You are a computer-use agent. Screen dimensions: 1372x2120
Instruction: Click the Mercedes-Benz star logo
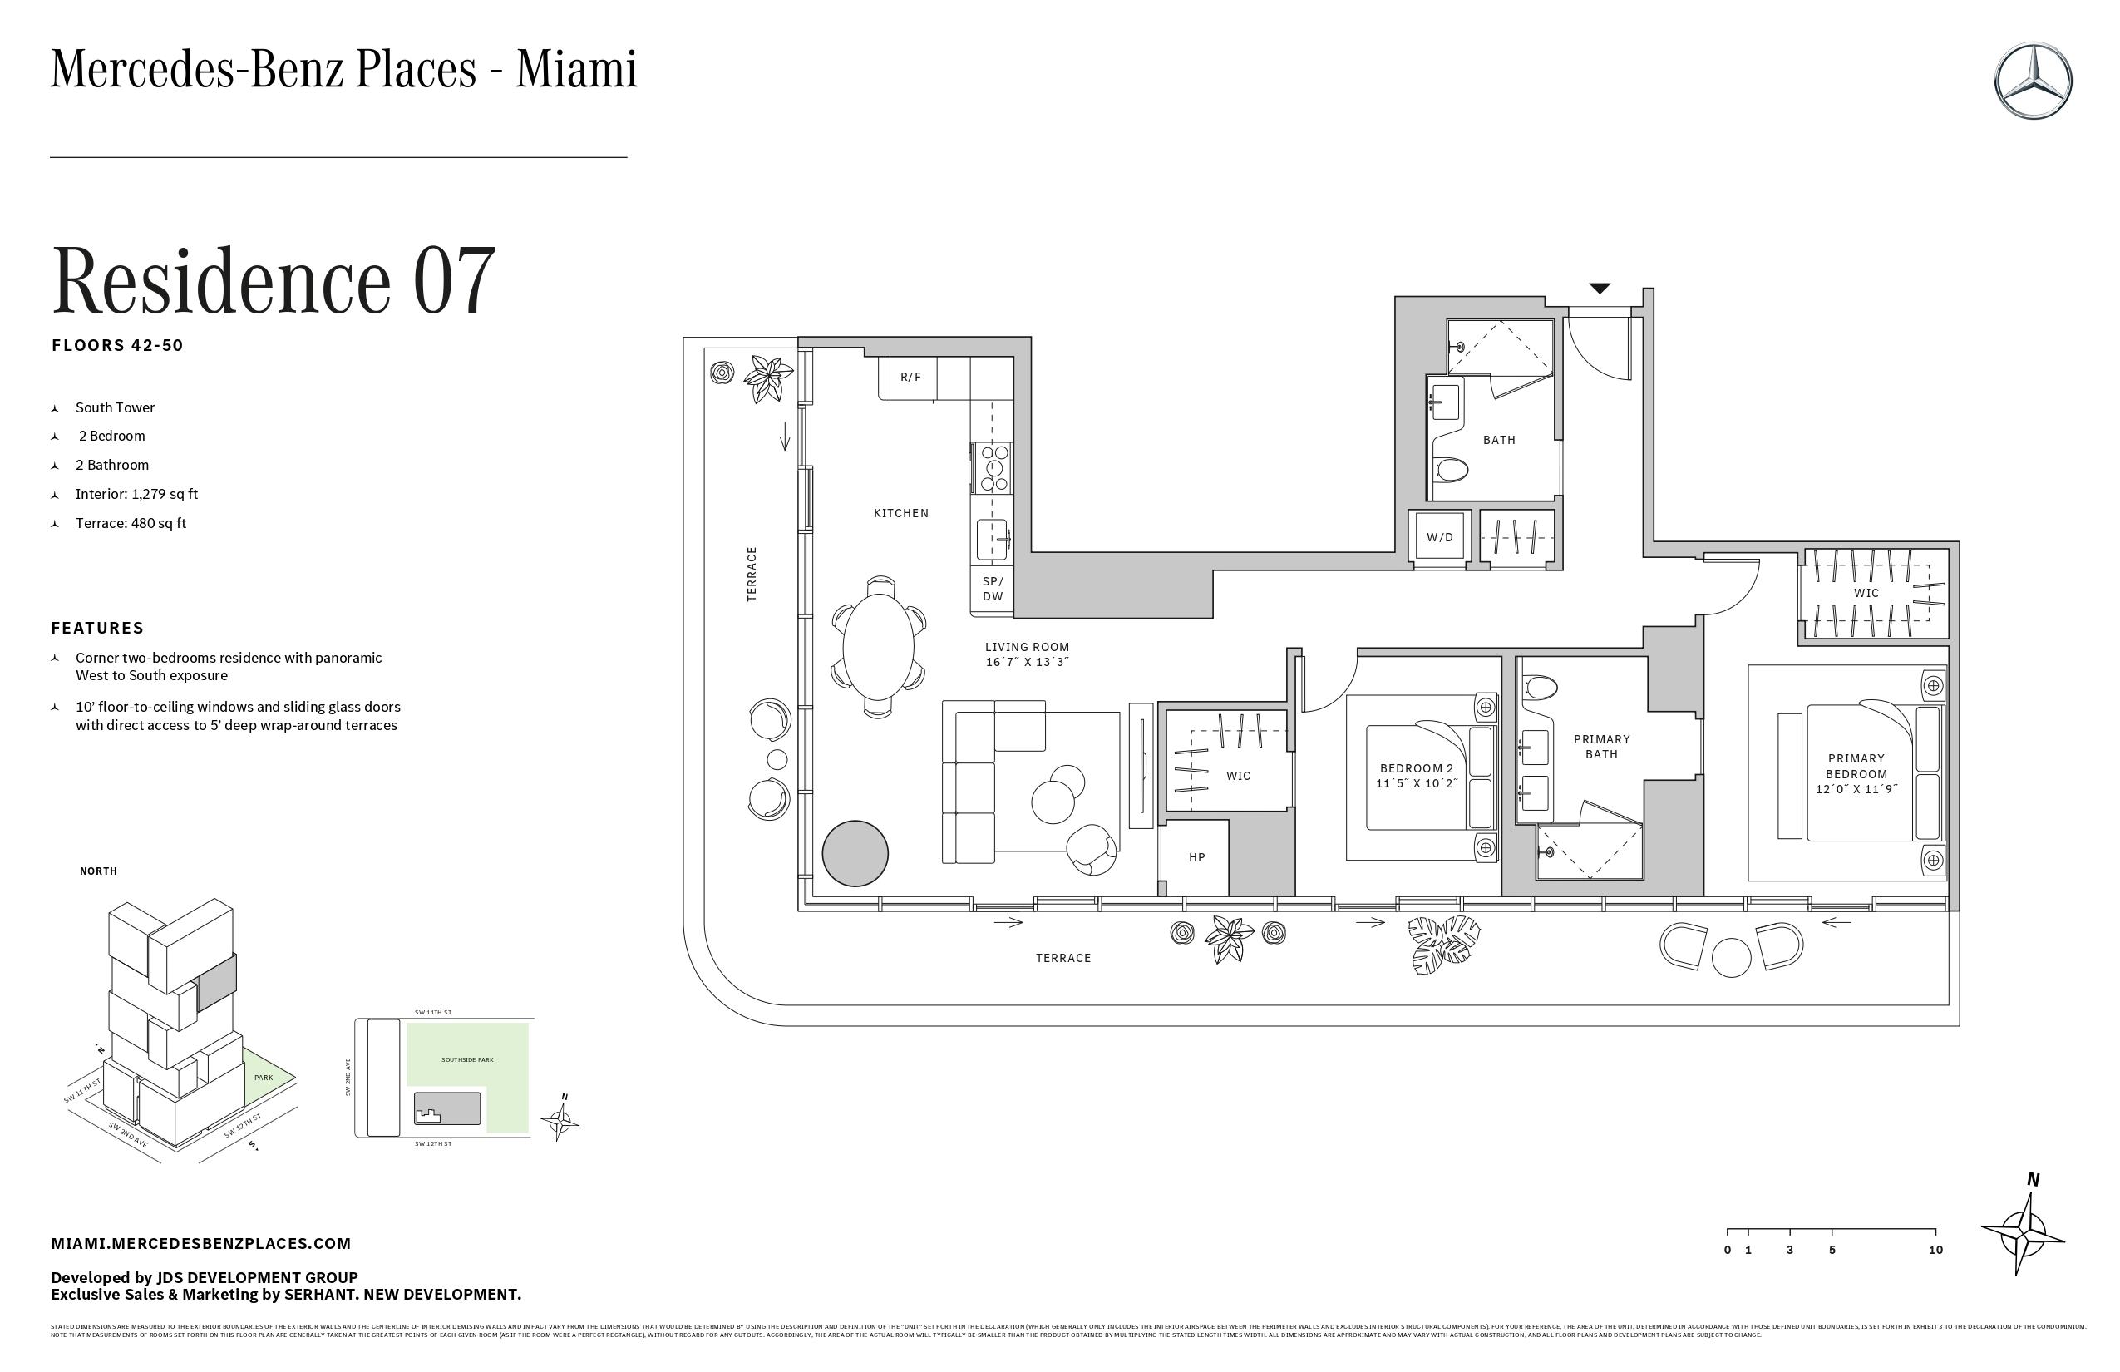pyautogui.click(x=2034, y=80)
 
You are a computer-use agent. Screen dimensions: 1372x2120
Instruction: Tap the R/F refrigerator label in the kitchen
pyautogui.click(x=910, y=377)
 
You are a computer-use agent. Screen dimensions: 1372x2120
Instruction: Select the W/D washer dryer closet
pyautogui.click(x=1439, y=536)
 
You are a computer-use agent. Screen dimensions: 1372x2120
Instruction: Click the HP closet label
pyautogui.click(x=1196, y=857)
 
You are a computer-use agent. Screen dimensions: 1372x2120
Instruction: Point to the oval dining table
pyautogui.click(x=878, y=647)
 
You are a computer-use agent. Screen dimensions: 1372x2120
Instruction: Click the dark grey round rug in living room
pyautogui.click(x=855, y=852)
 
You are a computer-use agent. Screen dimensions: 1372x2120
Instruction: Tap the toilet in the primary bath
pyautogui.click(x=1540, y=687)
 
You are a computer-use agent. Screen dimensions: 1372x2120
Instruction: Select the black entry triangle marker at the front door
pyautogui.click(x=1600, y=289)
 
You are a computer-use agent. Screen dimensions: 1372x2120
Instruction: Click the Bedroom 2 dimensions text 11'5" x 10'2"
pyautogui.click(x=1417, y=783)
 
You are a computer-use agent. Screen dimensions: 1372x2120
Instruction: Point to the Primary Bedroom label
pyautogui.click(x=1856, y=766)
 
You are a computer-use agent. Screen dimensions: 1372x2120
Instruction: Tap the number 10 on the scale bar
pyautogui.click(x=1935, y=1250)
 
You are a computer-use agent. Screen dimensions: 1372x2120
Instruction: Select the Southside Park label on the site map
pyautogui.click(x=466, y=1059)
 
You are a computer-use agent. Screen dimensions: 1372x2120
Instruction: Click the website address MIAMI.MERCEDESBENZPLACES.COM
pyautogui.click(x=201, y=1243)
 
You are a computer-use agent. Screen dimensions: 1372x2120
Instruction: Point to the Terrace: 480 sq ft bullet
pyautogui.click(x=131, y=523)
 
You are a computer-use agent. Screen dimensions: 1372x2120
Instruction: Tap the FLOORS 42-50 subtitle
pyautogui.click(x=117, y=346)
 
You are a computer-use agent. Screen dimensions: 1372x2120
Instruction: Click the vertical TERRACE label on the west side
pyautogui.click(x=751, y=574)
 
